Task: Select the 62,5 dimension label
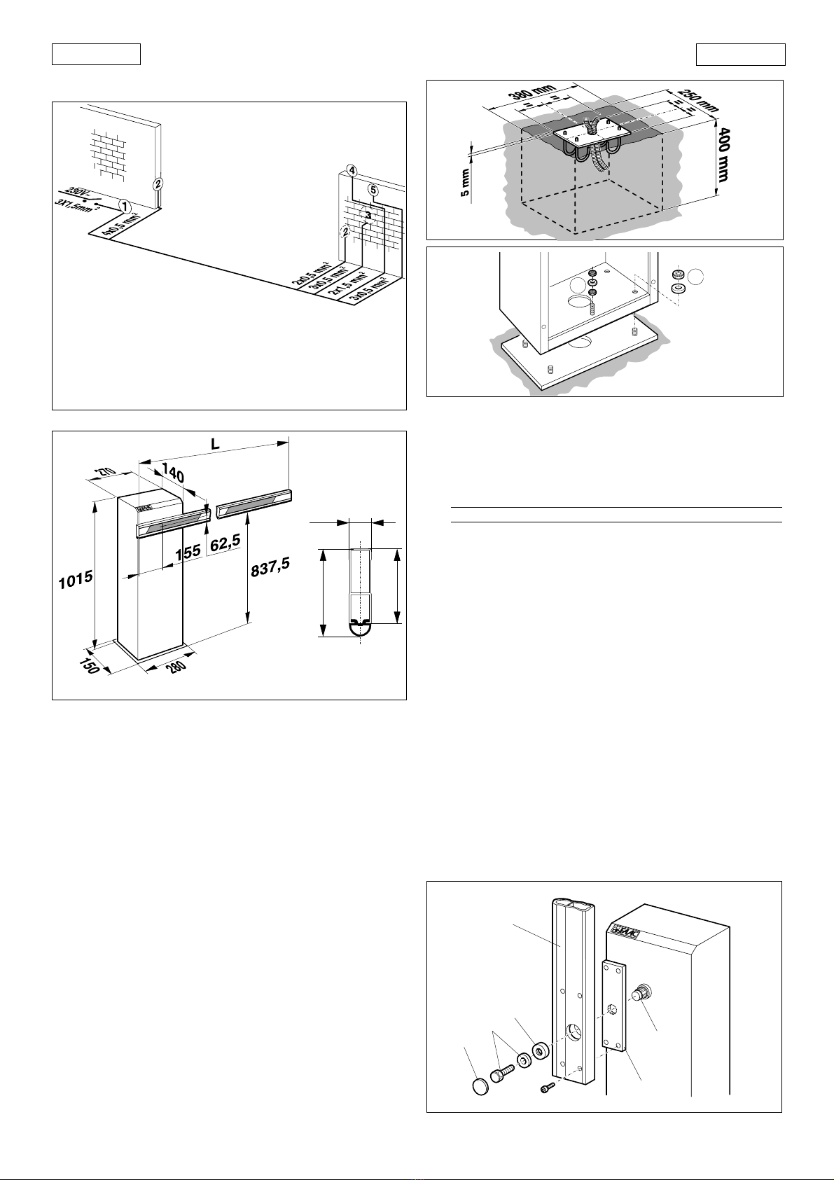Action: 226,543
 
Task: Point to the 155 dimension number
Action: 188,552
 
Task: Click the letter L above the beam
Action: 215,445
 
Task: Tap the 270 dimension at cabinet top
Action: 106,474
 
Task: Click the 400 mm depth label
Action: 723,154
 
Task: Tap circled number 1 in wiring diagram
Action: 125,207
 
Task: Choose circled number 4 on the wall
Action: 352,171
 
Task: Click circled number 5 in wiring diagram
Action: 373,190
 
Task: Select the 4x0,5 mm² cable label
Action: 120,223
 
